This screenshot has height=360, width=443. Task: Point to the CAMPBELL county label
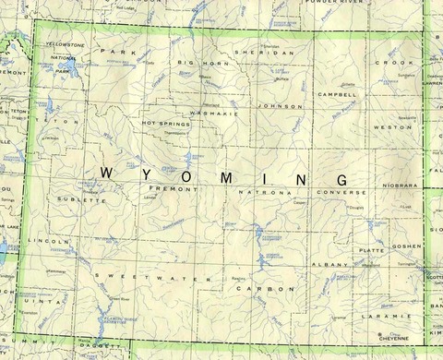[x=337, y=94]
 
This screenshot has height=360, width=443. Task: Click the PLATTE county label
[x=371, y=249]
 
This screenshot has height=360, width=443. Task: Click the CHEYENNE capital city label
[x=399, y=339]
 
